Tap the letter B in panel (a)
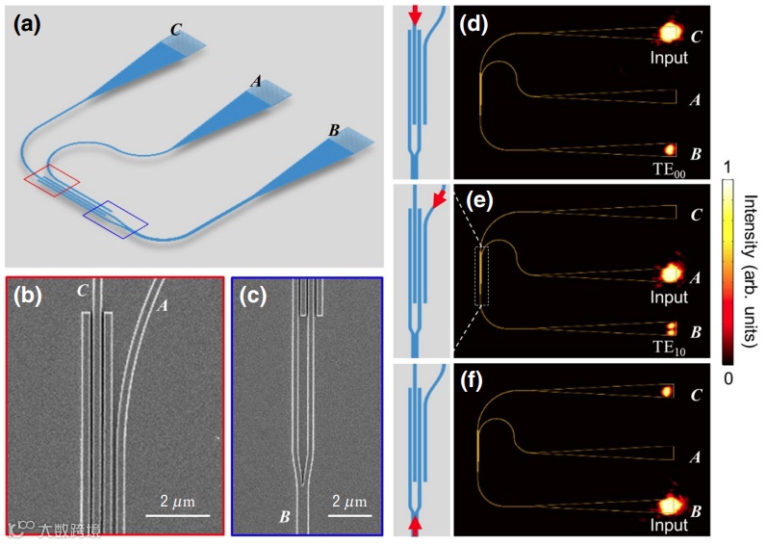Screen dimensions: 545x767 334,130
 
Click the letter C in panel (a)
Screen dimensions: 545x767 175,30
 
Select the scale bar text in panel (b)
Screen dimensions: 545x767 178,501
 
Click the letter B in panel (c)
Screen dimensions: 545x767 285,518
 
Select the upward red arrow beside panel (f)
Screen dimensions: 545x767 415,526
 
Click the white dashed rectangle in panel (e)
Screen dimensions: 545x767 482,276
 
